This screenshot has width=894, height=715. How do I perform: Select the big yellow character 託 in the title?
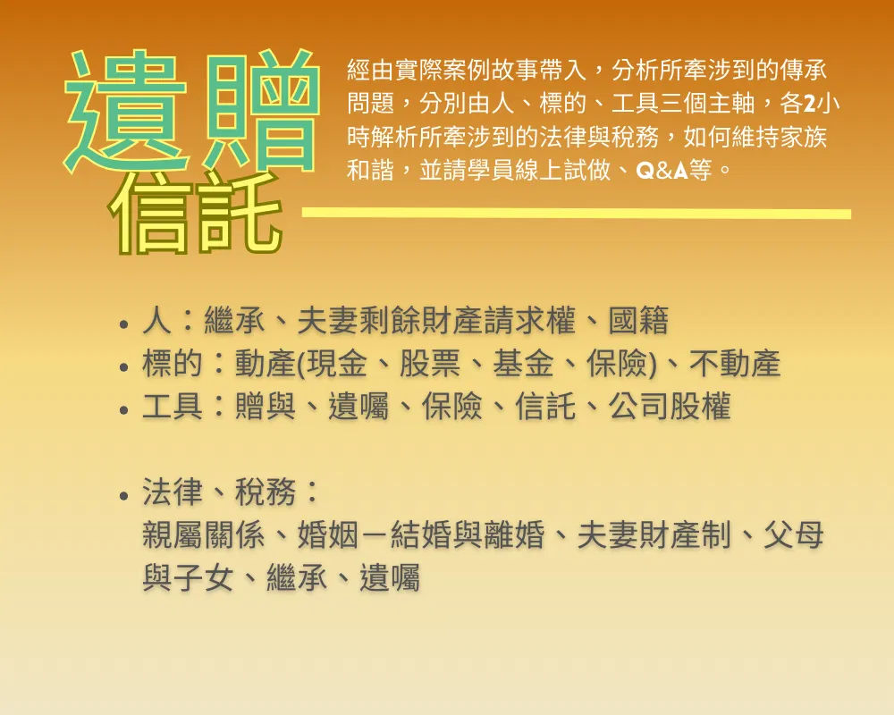(x=240, y=214)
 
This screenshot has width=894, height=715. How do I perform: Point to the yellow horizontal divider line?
(x=576, y=214)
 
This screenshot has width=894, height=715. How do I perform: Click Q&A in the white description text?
(x=662, y=170)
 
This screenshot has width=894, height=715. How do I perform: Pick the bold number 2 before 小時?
(x=808, y=104)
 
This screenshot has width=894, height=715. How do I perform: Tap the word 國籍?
(x=638, y=321)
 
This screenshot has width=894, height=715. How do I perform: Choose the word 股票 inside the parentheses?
(x=430, y=363)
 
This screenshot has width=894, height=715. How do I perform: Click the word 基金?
(x=523, y=363)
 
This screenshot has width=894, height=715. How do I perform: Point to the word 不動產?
(x=734, y=363)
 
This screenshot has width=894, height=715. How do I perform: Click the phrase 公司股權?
(x=670, y=407)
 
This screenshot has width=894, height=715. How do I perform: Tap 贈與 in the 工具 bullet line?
(x=266, y=407)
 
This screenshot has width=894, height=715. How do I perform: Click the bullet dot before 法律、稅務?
(x=124, y=495)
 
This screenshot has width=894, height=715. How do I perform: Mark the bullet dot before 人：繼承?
(x=124, y=324)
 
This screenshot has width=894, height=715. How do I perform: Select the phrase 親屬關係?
(x=204, y=534)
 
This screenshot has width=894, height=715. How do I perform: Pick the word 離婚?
(x=514, y=534)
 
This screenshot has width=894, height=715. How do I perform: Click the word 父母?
(x=794, y=534)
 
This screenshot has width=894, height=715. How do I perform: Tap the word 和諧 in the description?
(x=371, y=170)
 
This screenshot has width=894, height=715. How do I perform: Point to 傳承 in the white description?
(x=803, y=70)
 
